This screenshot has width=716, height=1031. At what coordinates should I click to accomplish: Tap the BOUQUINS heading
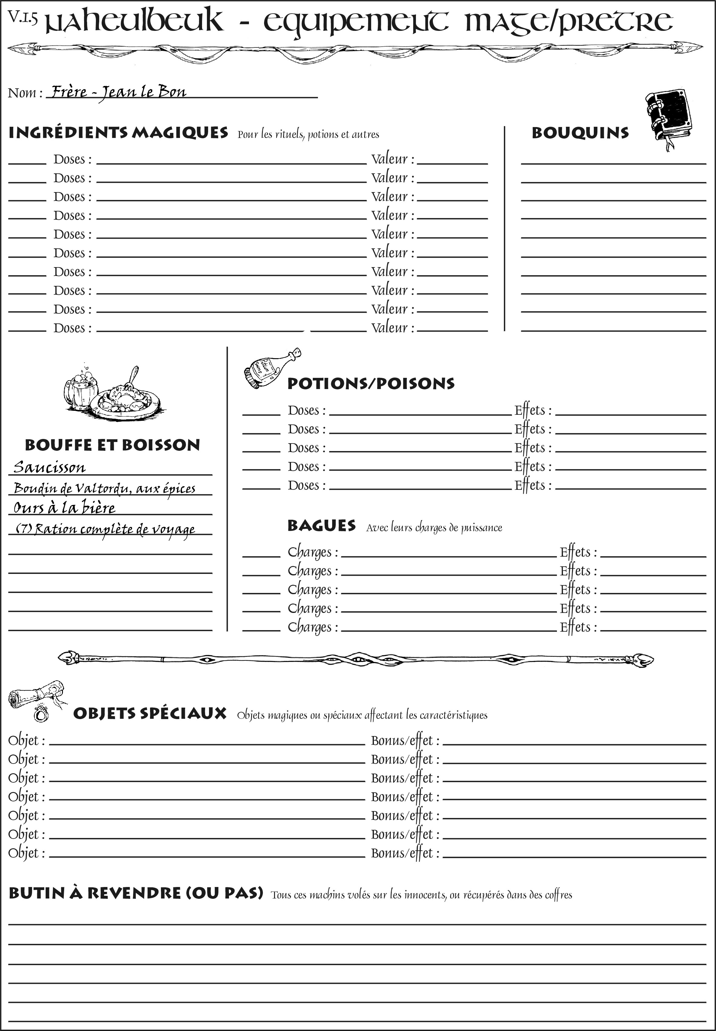coord(580,133)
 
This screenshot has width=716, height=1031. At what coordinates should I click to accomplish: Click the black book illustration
coord(669,118)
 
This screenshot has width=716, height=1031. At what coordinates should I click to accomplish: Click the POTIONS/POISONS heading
coord(371,384)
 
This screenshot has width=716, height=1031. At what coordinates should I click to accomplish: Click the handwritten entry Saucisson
coord(49,467)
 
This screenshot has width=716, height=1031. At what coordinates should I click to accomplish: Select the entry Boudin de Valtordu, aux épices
coord(105,488)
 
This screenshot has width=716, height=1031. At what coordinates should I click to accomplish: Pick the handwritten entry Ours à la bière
coord(64,508)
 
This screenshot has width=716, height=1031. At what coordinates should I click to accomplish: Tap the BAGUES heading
coord(321,526)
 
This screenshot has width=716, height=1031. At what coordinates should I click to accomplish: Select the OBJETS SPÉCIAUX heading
coord(150,714)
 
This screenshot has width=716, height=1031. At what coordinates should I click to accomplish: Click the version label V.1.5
coord(22,18)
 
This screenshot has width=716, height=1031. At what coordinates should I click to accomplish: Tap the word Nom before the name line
coord(22,93)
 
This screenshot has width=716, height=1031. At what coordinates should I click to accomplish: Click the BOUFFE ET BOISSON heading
coord(112,445)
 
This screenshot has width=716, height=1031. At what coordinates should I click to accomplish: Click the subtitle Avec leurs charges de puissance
coord(434,528)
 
